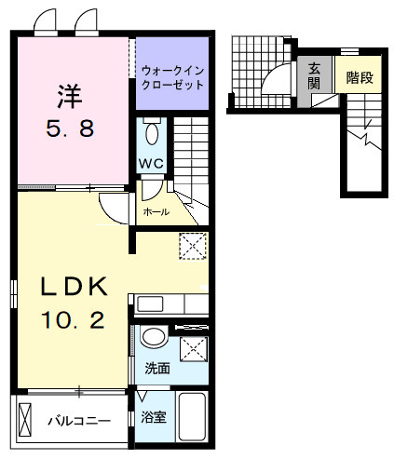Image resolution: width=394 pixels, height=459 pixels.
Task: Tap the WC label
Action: point(152,165)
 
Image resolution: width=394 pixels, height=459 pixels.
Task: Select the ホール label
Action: point(156,212)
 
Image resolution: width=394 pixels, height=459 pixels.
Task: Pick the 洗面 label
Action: point(156,368)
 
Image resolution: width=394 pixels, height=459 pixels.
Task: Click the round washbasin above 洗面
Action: point(156,337)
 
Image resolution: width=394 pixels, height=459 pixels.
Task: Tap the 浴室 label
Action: point(155,417)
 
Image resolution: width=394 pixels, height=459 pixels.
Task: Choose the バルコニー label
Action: point(79,421)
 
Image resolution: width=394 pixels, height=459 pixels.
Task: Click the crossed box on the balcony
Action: point(26,421)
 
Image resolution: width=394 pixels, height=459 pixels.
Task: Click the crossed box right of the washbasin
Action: point(193,350)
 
